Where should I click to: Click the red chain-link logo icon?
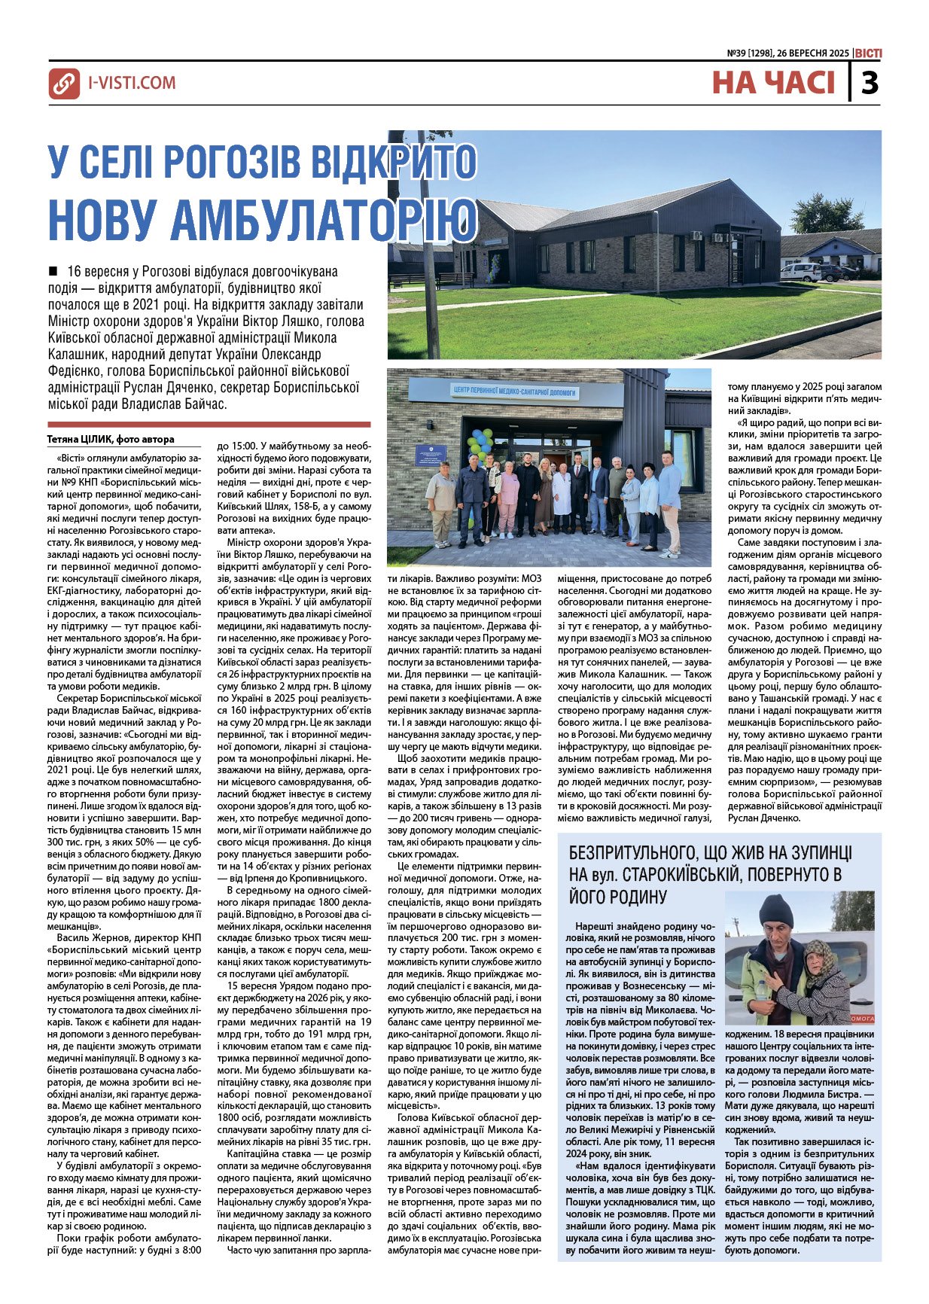[64, 84]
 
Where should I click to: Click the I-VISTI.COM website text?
[132, 83]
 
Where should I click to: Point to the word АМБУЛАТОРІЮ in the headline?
[324, 217]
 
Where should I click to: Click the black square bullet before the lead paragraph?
[53, 271]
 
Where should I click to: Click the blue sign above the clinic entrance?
[513, 392]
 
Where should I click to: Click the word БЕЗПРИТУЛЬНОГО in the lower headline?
[630, 853]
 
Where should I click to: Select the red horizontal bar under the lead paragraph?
[209, 425]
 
